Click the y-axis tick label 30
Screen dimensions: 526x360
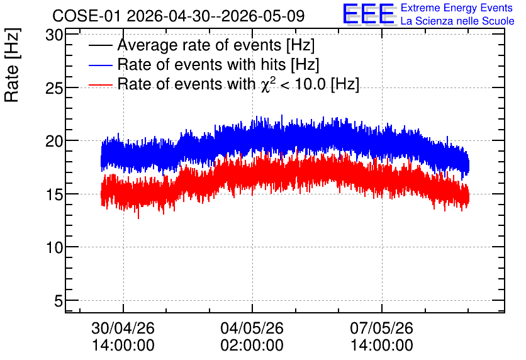pyautogui.click(x=54, y=35)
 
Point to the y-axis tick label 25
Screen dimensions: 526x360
pyautogui.click(x=54, y=88)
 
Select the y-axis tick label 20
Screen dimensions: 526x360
pyautogui.click(x=54, y=141)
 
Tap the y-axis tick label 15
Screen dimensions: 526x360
pyautogui.click(x=54, y=194)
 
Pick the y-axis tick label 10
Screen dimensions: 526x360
pyautogui.click(x=54, y=247)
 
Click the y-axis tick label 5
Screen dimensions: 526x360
pyautogui.click(x=59, y=301)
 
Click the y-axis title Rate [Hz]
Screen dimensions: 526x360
pyautogui.click(x=12, y=65)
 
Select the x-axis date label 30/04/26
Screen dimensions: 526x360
pyautogui.click(x=123, y=328)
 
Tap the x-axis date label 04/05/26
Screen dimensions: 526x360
pyautogui.click(x=252, y=328)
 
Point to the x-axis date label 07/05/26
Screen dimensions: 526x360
pyautogui.click(x=381, y=328)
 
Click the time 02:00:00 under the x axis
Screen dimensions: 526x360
pyautogui.click(x=252, y=345)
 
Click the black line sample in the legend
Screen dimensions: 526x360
pyautogui.click(x=100, y=45)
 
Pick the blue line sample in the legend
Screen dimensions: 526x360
pyautogui.click(x=100, y=65)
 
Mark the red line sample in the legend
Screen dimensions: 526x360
pyautogui.click(x=100, y=84)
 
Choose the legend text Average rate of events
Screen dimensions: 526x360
pyautogui.click(x=199, y=45)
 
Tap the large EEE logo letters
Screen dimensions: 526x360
pyautogui.click(x=369, y=14)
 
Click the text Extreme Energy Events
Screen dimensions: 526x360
pyautogui.click(x=457, y=8)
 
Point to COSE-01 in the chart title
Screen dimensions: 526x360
pyautogui.click(x=87, y=16)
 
